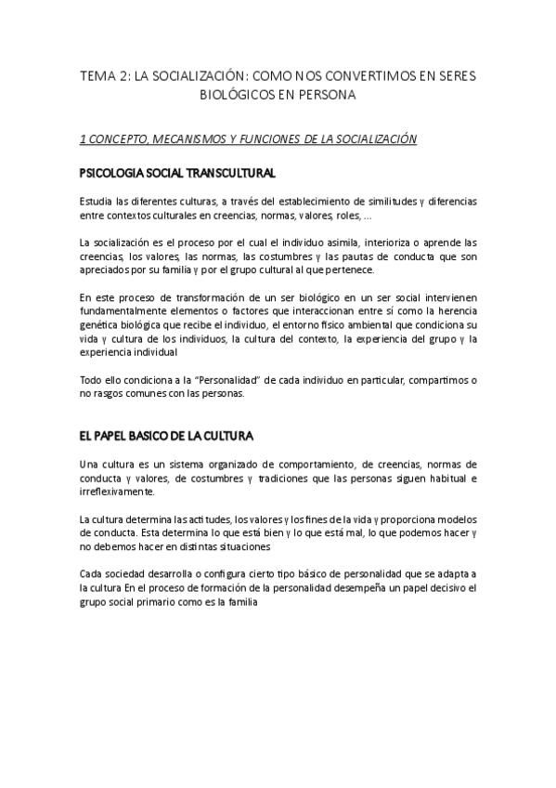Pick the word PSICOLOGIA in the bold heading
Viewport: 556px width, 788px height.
point(114,173)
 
